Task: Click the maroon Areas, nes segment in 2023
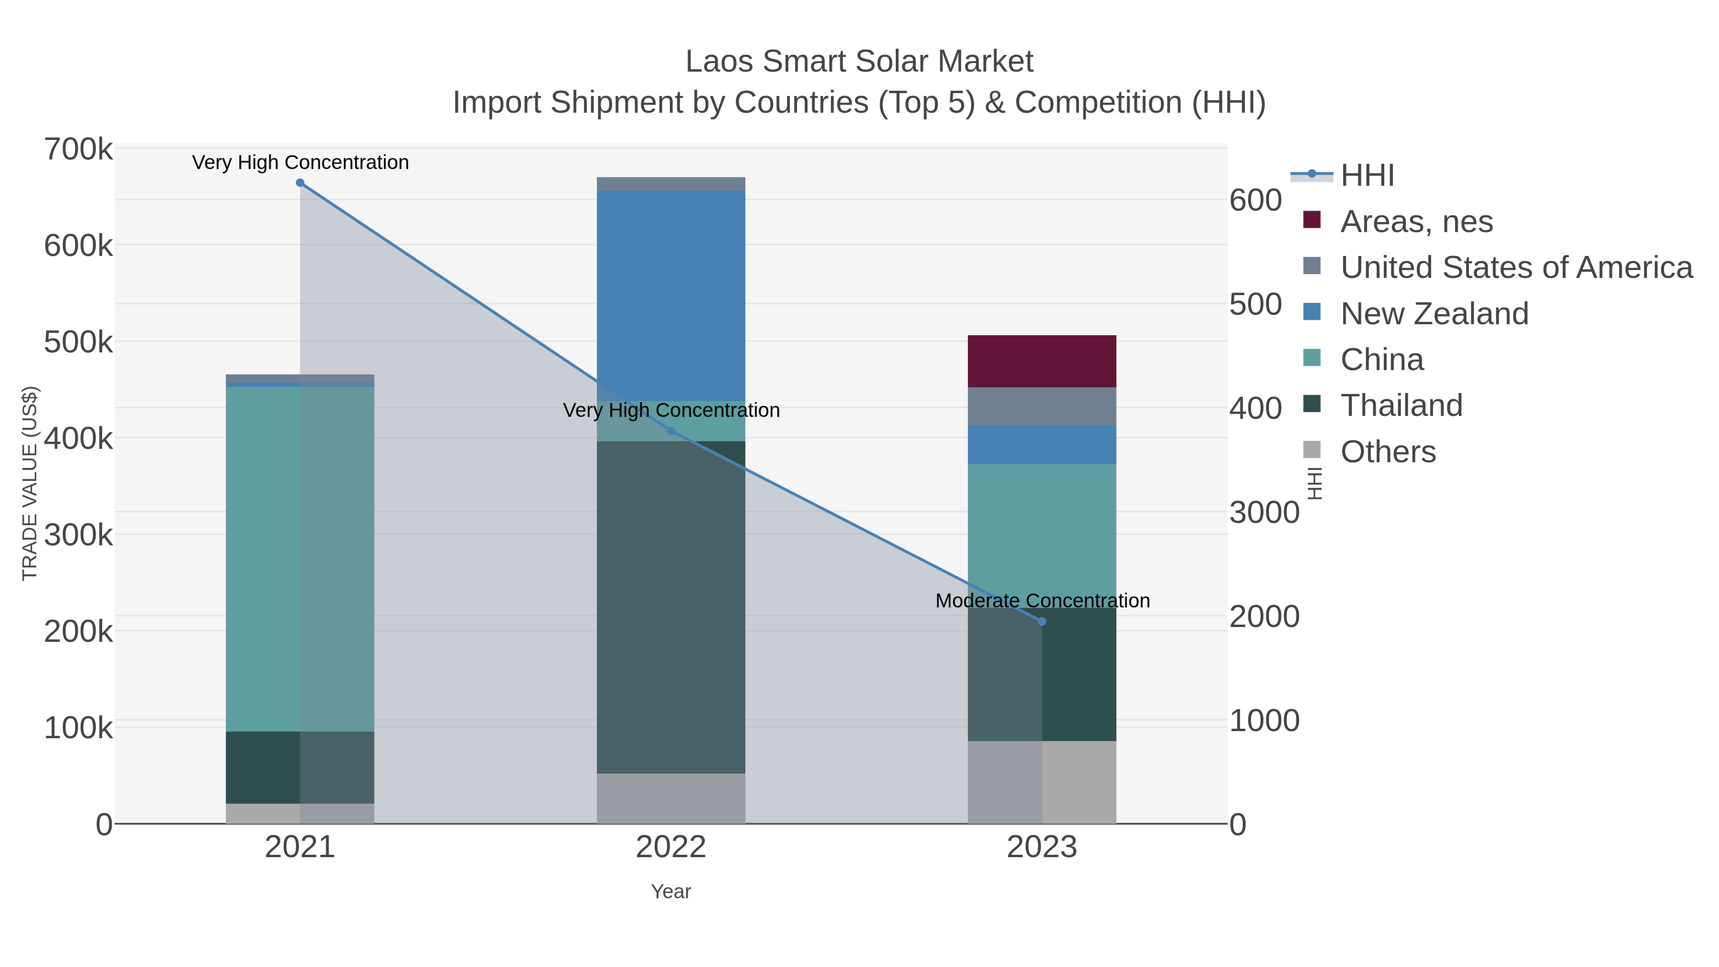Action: click(1042, 361)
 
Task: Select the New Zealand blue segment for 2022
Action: click(671, 295)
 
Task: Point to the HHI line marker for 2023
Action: click(1042, 621)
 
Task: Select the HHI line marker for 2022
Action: click(671, 431)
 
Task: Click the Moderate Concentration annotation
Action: click(1042, 601)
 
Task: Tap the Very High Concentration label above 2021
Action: click(300, 162)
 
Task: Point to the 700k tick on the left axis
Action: click(78, 149)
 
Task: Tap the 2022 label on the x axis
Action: click(671, 848)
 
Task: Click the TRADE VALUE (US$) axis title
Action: click(30, 483)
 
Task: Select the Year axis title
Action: click(671, 892)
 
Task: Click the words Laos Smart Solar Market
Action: click(859, 62)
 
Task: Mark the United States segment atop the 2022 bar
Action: click(671, 183)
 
